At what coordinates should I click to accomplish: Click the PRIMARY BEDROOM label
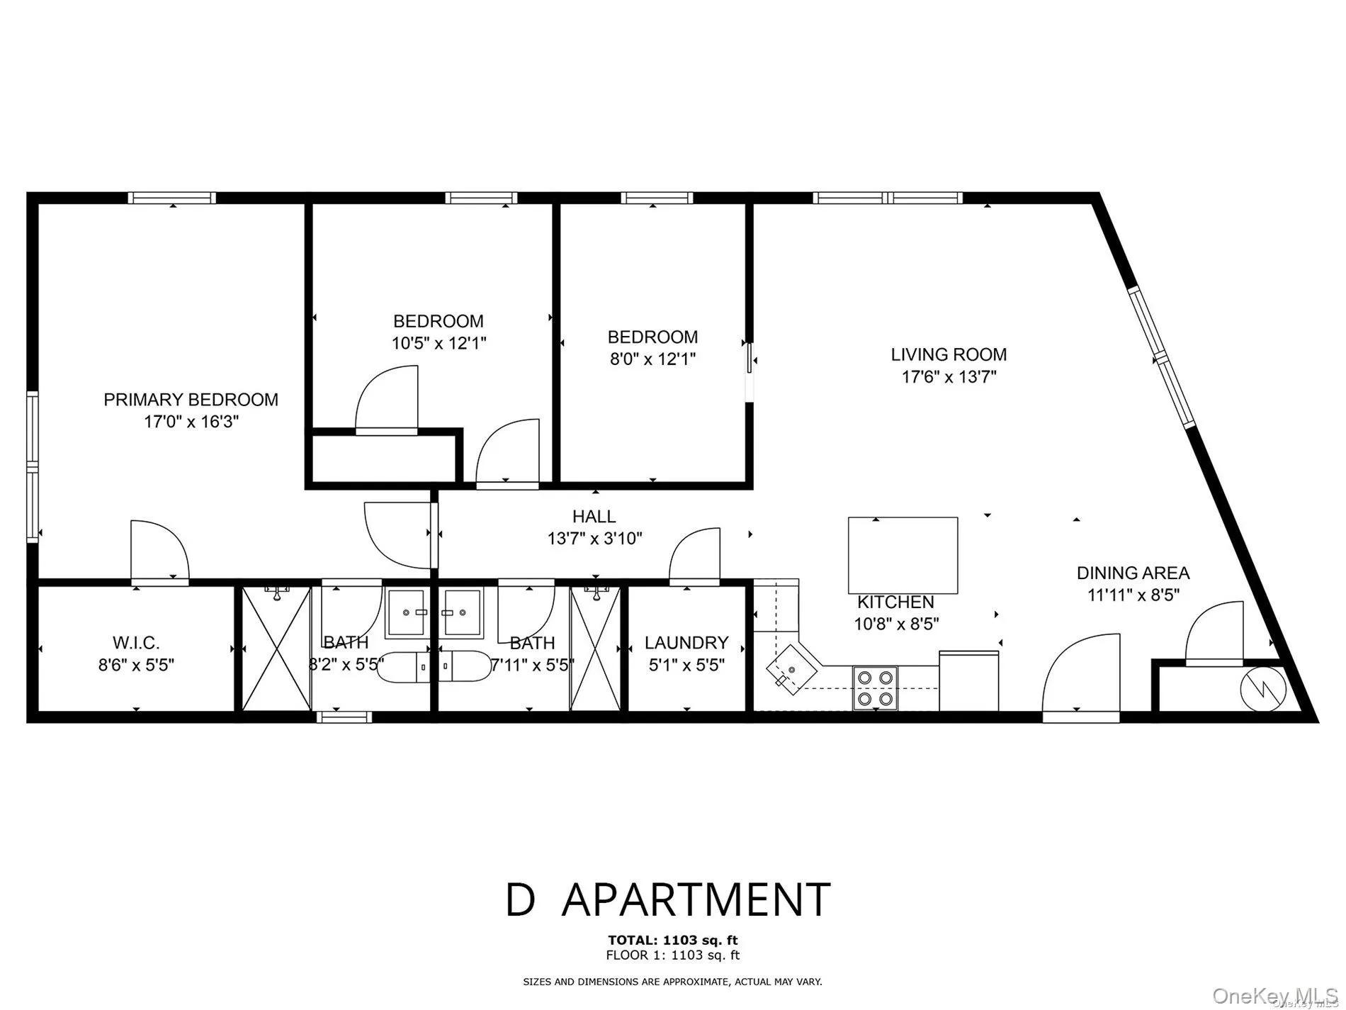tap(191, 400)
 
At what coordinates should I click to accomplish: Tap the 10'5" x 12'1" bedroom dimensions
tap(439, 344)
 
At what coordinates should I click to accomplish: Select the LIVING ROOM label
tap(949, 354)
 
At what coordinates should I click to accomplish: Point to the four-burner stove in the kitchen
tap(875, 688)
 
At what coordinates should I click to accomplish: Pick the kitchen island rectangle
tap(903, 555)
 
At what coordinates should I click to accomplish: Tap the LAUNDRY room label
tap(686, 643)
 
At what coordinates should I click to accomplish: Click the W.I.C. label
tap(136, 643)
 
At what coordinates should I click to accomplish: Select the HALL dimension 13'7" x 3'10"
tap(594, 539)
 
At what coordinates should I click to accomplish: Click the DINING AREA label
tap(1133, 573)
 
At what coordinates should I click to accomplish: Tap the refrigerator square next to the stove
tap(968, 680)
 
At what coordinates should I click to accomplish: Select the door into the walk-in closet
tap(160, 553)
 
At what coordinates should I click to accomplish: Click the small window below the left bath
tap(344, 717)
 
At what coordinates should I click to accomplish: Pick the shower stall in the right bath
tap(595, 649)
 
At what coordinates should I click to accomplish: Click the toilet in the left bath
tap(402, 666)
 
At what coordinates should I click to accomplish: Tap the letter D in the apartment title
tap(521, 899)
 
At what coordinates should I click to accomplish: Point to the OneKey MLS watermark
tap(1274, 995)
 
